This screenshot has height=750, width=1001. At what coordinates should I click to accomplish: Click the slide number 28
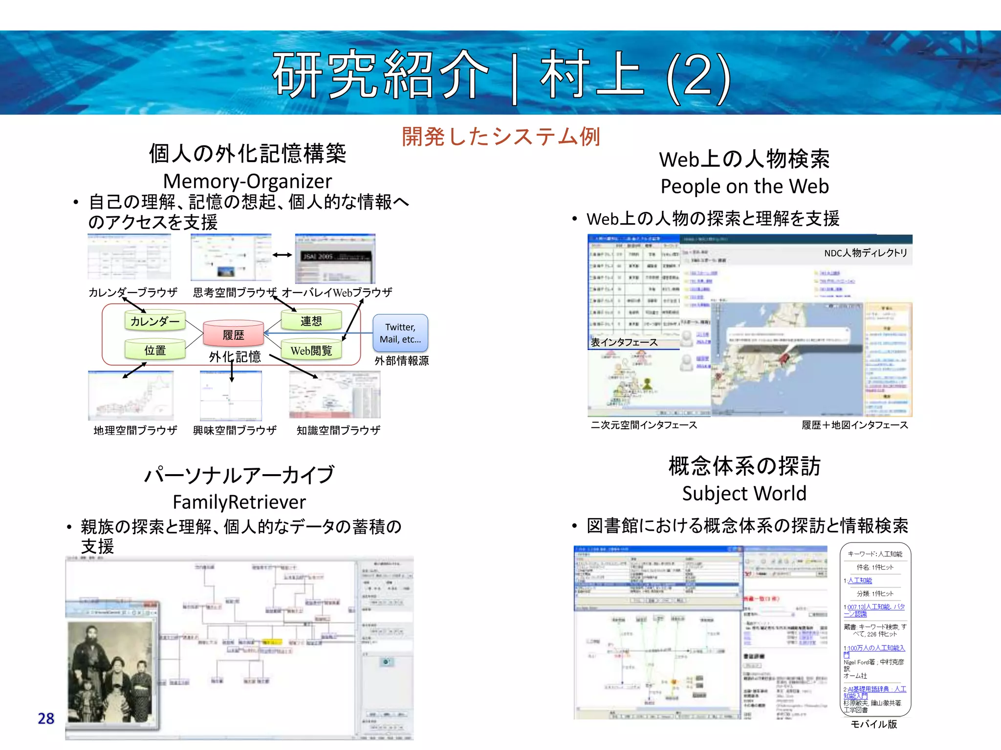[x=46, y=718]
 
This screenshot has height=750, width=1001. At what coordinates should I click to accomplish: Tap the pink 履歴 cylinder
[x=233, y=334]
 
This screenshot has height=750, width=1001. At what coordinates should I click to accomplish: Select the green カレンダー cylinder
[x=155, y=321]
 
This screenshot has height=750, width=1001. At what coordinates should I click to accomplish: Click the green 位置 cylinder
[x=155, y=350]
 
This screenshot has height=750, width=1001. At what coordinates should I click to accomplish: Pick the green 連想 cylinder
[x=311, y=320]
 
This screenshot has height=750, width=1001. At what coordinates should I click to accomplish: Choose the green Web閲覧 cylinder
[x=311, y=350]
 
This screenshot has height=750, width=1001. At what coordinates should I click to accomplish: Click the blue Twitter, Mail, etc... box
[x=400, y=333]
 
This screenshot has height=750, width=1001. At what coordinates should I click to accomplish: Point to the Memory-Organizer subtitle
[x=247, y=181]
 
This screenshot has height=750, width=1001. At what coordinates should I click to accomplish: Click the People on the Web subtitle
[x=744, y=187]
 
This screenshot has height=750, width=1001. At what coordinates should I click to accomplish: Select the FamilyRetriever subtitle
[x=239, y=502]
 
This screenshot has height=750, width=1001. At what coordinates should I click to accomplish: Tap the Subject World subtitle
[x=744, y=494]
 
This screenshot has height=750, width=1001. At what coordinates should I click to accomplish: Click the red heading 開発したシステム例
[x=500, y=137]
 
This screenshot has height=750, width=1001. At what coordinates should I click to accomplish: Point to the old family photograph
[x=110, y=671]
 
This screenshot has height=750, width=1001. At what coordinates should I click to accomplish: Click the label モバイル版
[x=873, y=724]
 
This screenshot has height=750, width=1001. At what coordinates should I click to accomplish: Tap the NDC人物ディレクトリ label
[x=865, y=253]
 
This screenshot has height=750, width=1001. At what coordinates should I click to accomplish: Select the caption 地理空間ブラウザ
[x=135, y=430]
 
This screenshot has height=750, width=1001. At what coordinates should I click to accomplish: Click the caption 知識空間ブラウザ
[x=338, y=430]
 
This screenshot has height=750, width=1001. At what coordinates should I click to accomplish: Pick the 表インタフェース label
[x=624, y=342]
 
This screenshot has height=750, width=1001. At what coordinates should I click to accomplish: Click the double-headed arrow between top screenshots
[x=282, y=255]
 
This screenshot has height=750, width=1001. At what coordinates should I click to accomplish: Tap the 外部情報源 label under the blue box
[x=401, y=361]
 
